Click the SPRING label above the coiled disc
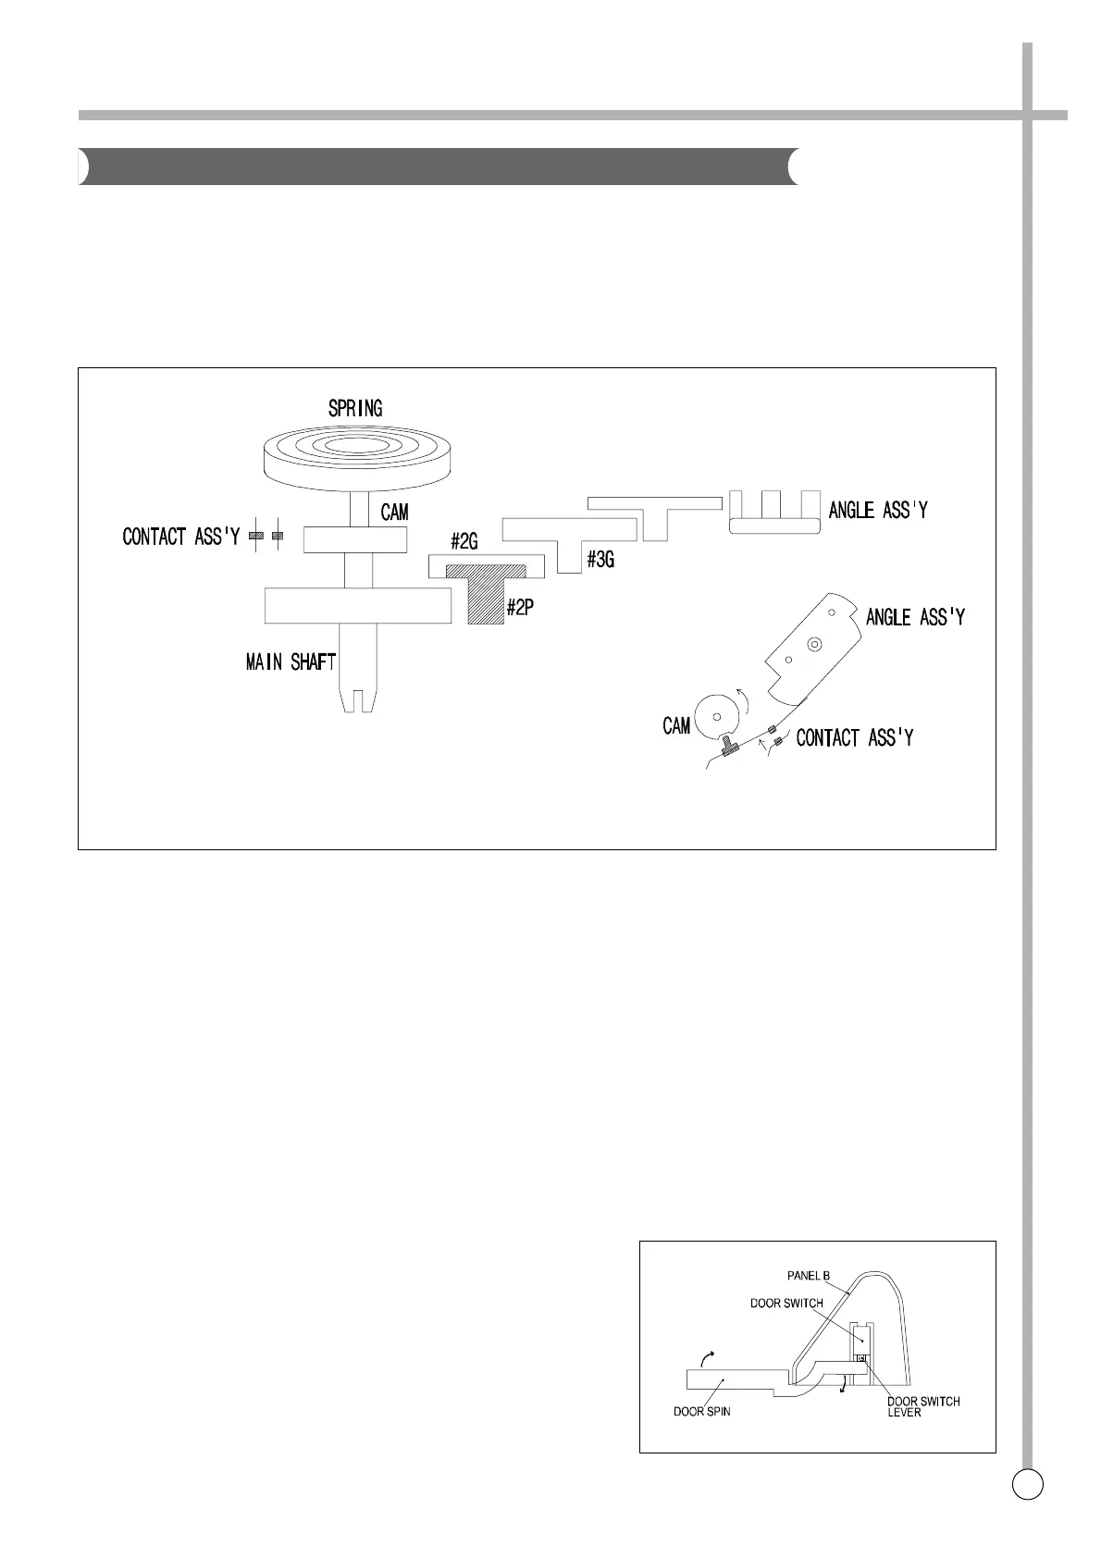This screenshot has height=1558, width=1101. point(355,408)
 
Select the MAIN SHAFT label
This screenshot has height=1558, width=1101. point(290,662)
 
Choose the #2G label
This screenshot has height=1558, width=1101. point(464,539)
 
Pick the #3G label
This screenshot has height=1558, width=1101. point(600,559)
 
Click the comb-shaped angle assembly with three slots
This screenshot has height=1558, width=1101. point(774,512)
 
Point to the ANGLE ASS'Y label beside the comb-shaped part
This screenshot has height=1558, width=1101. point(878,510)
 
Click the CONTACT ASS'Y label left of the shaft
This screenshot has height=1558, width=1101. point(180,537)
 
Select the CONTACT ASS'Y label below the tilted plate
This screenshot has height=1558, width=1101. point(855,737)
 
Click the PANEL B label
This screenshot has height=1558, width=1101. point(808,1275)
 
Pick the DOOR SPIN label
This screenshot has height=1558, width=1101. point(700,1437)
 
